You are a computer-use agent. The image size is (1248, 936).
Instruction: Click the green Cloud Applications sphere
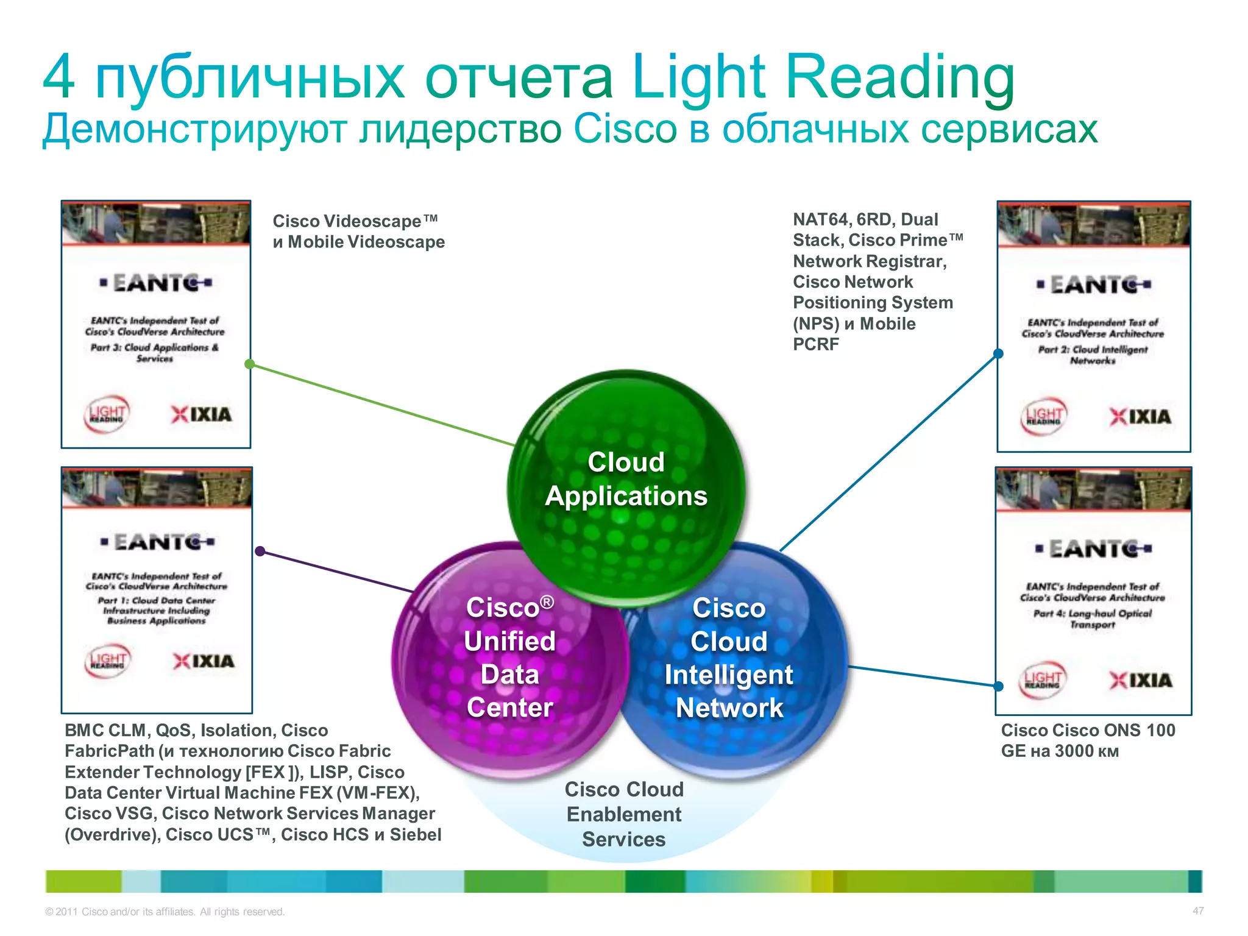(x=626, y=481)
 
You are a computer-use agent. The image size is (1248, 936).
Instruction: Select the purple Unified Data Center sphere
(x=509, y=658)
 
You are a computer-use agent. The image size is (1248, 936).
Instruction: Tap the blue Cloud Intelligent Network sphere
(x=729, y=658)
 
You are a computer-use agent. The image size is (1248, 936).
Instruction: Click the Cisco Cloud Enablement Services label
(x=624, y=814)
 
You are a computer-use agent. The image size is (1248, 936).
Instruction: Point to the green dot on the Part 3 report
(x=249, y=364)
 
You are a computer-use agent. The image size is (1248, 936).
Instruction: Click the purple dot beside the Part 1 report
(x=260, y=551)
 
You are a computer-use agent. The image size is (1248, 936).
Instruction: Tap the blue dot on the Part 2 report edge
(x=998, y=353)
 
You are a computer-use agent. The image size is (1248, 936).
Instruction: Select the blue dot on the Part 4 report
(x=998, y=686)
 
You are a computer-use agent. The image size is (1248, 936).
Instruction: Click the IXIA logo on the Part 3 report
(x=202, y=415)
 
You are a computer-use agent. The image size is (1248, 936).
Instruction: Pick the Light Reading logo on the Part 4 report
(x=1043, y=679)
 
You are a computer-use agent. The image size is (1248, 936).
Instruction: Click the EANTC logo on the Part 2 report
(x=1094, y=285)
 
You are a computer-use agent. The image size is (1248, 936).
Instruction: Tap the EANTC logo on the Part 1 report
(x=157, y=542)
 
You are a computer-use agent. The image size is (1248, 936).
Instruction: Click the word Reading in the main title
(x=901, y=78)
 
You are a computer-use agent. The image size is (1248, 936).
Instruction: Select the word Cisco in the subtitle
(x=625, y=129)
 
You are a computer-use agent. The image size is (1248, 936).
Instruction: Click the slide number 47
(x=1198, y=911)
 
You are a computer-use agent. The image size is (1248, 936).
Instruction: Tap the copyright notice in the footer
(x=165, y=912)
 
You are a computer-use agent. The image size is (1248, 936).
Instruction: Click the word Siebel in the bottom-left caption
(x=416, y=834)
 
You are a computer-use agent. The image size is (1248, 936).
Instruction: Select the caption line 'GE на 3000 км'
(x=1060, y=751)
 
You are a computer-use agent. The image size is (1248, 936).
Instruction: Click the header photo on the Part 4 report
(x=1093, y=489)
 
